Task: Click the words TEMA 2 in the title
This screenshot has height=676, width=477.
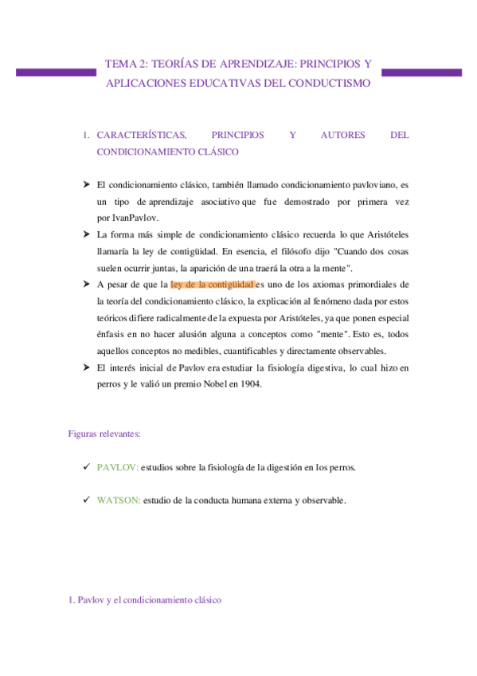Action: (125, 63)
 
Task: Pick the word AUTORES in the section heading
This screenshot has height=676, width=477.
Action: (342, 135)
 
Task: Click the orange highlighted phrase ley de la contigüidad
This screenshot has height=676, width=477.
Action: (212, 284)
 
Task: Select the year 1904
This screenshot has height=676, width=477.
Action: (250, 384)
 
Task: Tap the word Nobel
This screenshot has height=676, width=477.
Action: (215, 384)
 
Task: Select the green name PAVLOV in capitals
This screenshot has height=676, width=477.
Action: (118, 467)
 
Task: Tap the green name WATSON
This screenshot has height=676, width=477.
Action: (119, 500)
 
